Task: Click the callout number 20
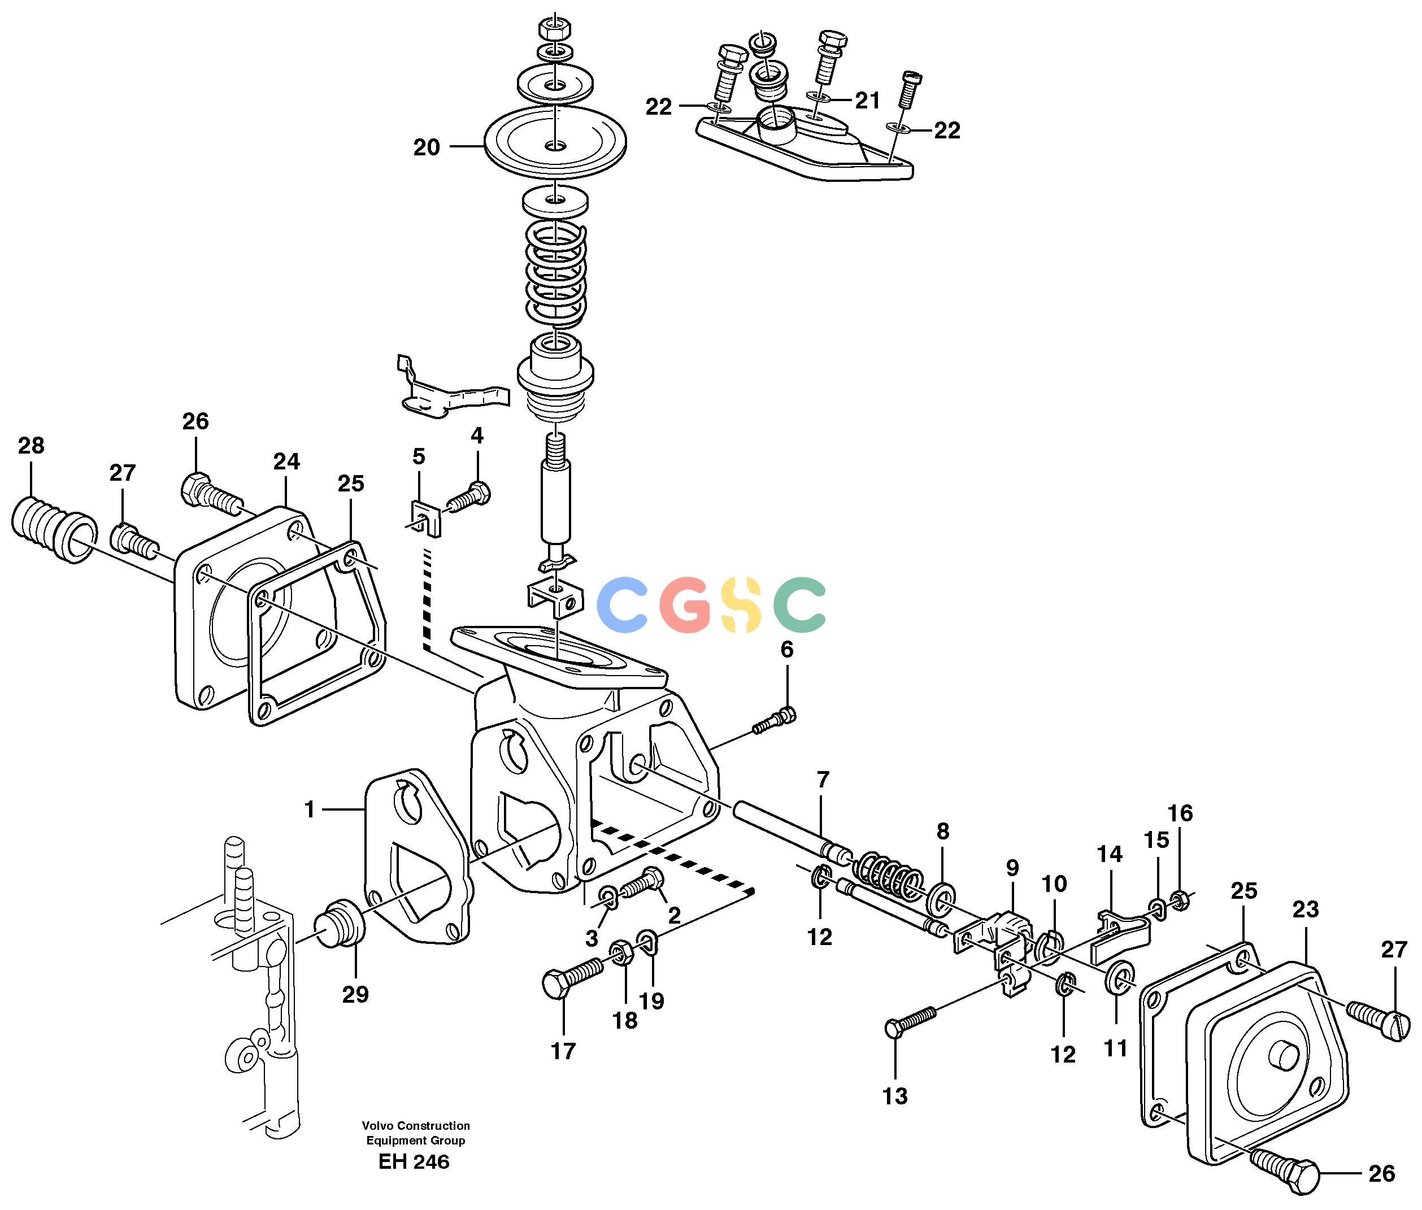click(x=426, y=147)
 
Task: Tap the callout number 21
click(x=867, y=101)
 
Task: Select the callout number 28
click(x=31, y=446)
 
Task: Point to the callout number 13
click(x=894, y=1096)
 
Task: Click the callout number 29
click(x=355, y=995)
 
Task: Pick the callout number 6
click(x=787, y=650)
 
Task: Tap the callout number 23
click(x=1306, y=909)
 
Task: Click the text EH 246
click(x=414, y=1161)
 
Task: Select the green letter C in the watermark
click(x=799, y=605)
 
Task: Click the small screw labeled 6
click(x=775, y=722)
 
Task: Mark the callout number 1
click(x=310, y=810)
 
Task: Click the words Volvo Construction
click(x=416, y=1126)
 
